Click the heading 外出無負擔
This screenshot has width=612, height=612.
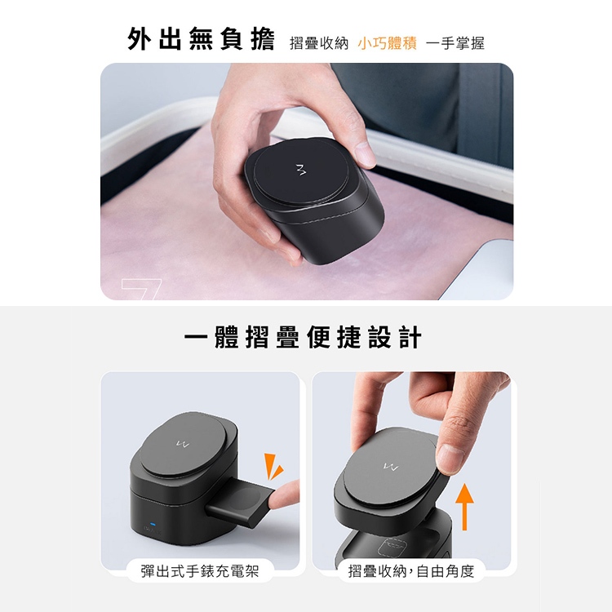click(201, 39)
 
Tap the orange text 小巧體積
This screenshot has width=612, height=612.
click(387, 43)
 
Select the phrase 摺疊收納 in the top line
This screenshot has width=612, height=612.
click(319, 43)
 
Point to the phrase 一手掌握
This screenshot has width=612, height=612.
click(455, 43)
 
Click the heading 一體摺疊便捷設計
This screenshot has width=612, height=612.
click(303, 337)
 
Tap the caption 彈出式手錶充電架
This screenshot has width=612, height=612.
click(200, 571)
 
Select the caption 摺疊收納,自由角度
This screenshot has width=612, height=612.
click(411, 571)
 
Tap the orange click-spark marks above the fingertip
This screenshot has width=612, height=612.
click(273, 466)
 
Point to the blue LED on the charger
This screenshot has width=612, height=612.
click(153, 524)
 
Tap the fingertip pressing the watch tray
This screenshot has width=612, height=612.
click(284, 495)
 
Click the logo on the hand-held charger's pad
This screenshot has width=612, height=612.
click(300, 170)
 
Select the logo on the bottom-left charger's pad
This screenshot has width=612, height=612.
click(182, 444)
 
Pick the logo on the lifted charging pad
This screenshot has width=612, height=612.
click(390, 466)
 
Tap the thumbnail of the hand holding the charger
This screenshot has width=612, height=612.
click(307, 181)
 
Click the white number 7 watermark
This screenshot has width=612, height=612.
click(141, 289)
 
